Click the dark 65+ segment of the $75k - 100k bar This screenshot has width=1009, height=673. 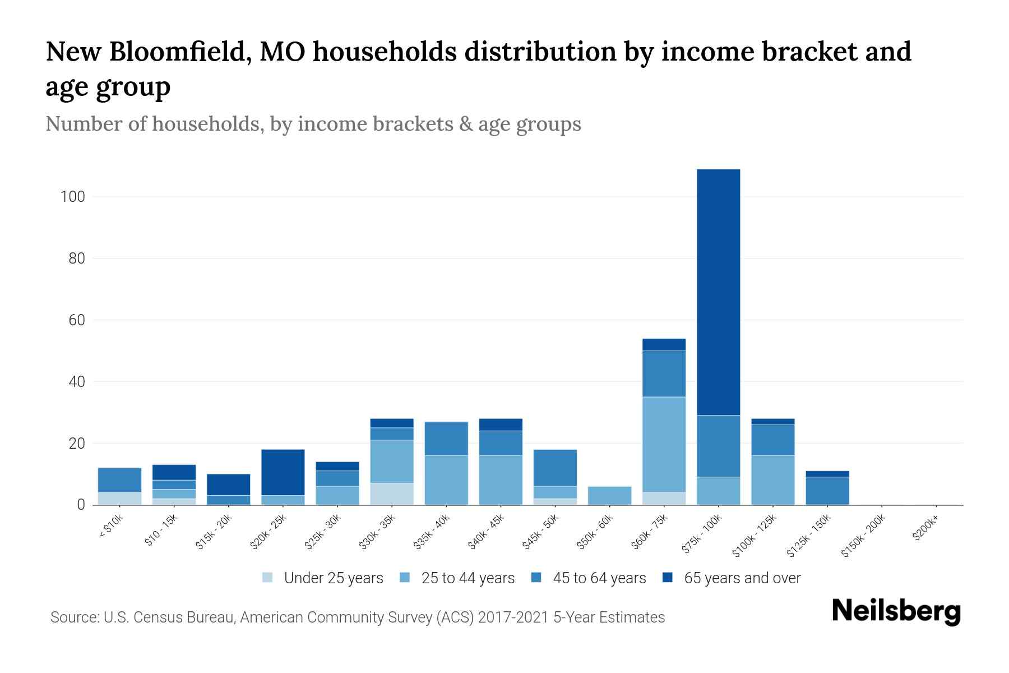point(718,292)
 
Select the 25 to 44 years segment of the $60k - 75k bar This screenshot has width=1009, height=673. point(664,444)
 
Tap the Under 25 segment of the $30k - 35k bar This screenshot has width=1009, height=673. point(391,494)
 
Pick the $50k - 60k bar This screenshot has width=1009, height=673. point(609,496)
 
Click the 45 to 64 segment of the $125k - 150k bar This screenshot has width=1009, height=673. point(827,491)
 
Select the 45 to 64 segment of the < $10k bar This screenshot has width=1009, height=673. point(119,480)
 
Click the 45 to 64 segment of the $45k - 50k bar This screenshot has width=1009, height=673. point(555,468)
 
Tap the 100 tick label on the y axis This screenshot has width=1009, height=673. point(73,197)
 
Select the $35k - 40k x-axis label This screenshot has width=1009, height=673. point(432,533)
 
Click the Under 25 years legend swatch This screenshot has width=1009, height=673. point(268,578)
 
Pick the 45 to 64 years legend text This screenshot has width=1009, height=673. point(599,578)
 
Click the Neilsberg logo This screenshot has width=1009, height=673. point(896,611)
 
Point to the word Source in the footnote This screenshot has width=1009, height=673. point(73,617)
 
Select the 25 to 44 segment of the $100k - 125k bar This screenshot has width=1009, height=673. point(772,480)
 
